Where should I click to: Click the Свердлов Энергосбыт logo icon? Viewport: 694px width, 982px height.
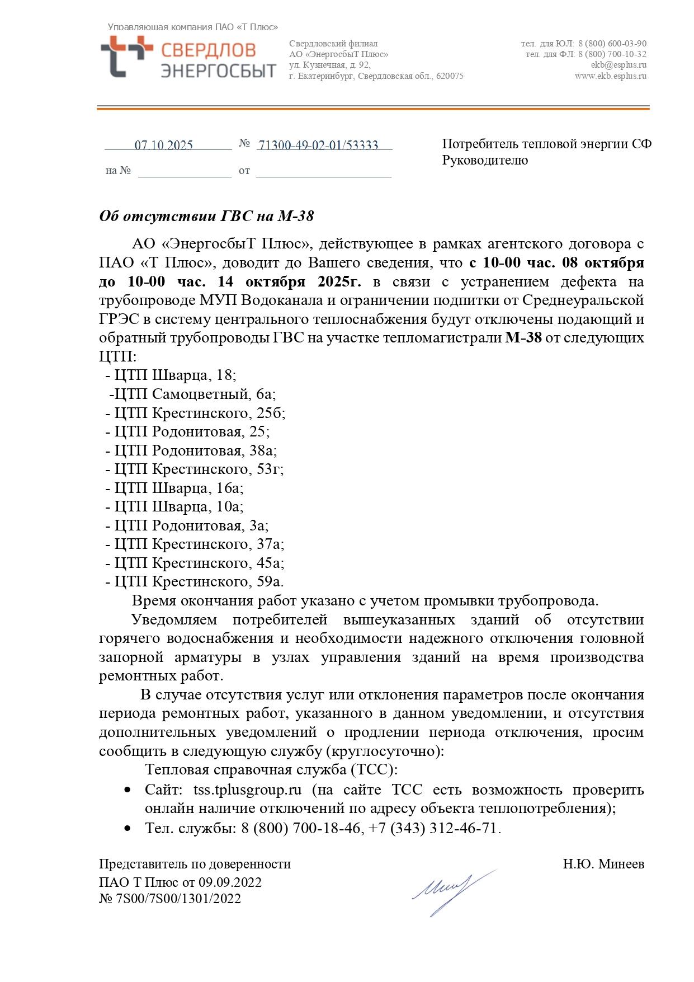[126, 56]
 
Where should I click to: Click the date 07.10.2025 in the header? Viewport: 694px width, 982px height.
[163, 145]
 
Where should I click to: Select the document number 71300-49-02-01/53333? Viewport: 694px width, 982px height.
[318, 145]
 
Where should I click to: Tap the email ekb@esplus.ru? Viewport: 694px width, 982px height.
[619, 65]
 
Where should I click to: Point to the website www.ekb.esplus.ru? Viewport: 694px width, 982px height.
[610, 76]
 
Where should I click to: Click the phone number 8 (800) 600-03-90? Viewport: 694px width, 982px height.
[612, 44]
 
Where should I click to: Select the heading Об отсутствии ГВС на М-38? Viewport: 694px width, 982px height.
[206, 216]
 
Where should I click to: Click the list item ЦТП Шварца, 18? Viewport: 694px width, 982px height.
[175, 375]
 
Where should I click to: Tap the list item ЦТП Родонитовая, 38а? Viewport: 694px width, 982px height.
[195, 450]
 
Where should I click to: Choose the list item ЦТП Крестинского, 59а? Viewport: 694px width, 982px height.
[199, 581]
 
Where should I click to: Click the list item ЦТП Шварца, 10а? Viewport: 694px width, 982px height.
[178, 506]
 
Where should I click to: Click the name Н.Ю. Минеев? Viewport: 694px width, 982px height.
[603, 864]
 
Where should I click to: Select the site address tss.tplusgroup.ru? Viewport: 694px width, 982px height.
[247, 790]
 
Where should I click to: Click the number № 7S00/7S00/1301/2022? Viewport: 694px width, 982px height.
[170, 899]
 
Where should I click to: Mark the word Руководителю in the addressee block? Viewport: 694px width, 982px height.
[485, 161]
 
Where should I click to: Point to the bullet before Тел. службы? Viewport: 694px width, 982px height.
[128, 828]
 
